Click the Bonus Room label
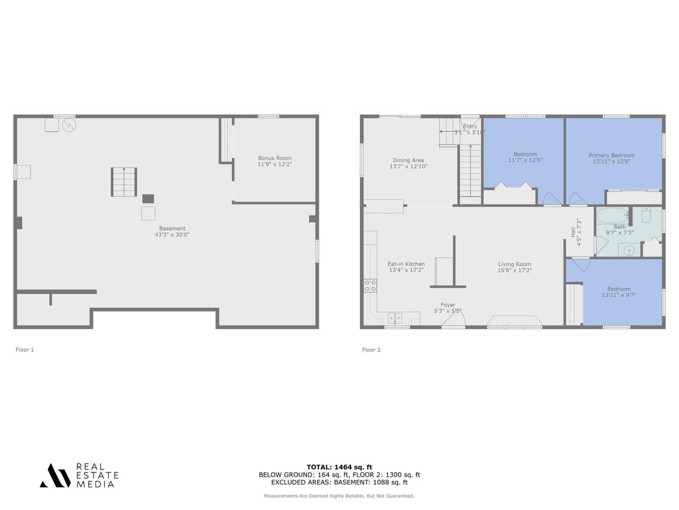pos(275,158)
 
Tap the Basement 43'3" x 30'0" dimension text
pos(172,234)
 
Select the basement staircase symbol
pos(124,182)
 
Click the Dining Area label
pos(408,160)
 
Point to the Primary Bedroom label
pos(612,155)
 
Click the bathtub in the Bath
pos(613,216)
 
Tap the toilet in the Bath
pos(646,215)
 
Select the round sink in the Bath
pos(629,250)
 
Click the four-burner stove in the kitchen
pos(370,285)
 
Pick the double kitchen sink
pos(395,318)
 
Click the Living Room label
pos(515,264)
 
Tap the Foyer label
pos(448,305)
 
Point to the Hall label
pos(573,232)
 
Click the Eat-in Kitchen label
pos(406,264)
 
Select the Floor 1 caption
pos(25,350)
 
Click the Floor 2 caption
pos(371,350)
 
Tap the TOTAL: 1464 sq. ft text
pos(339,467)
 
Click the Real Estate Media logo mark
pos(55,475)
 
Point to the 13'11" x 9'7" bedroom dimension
pos(619,295)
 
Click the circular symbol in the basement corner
pos(68,125)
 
